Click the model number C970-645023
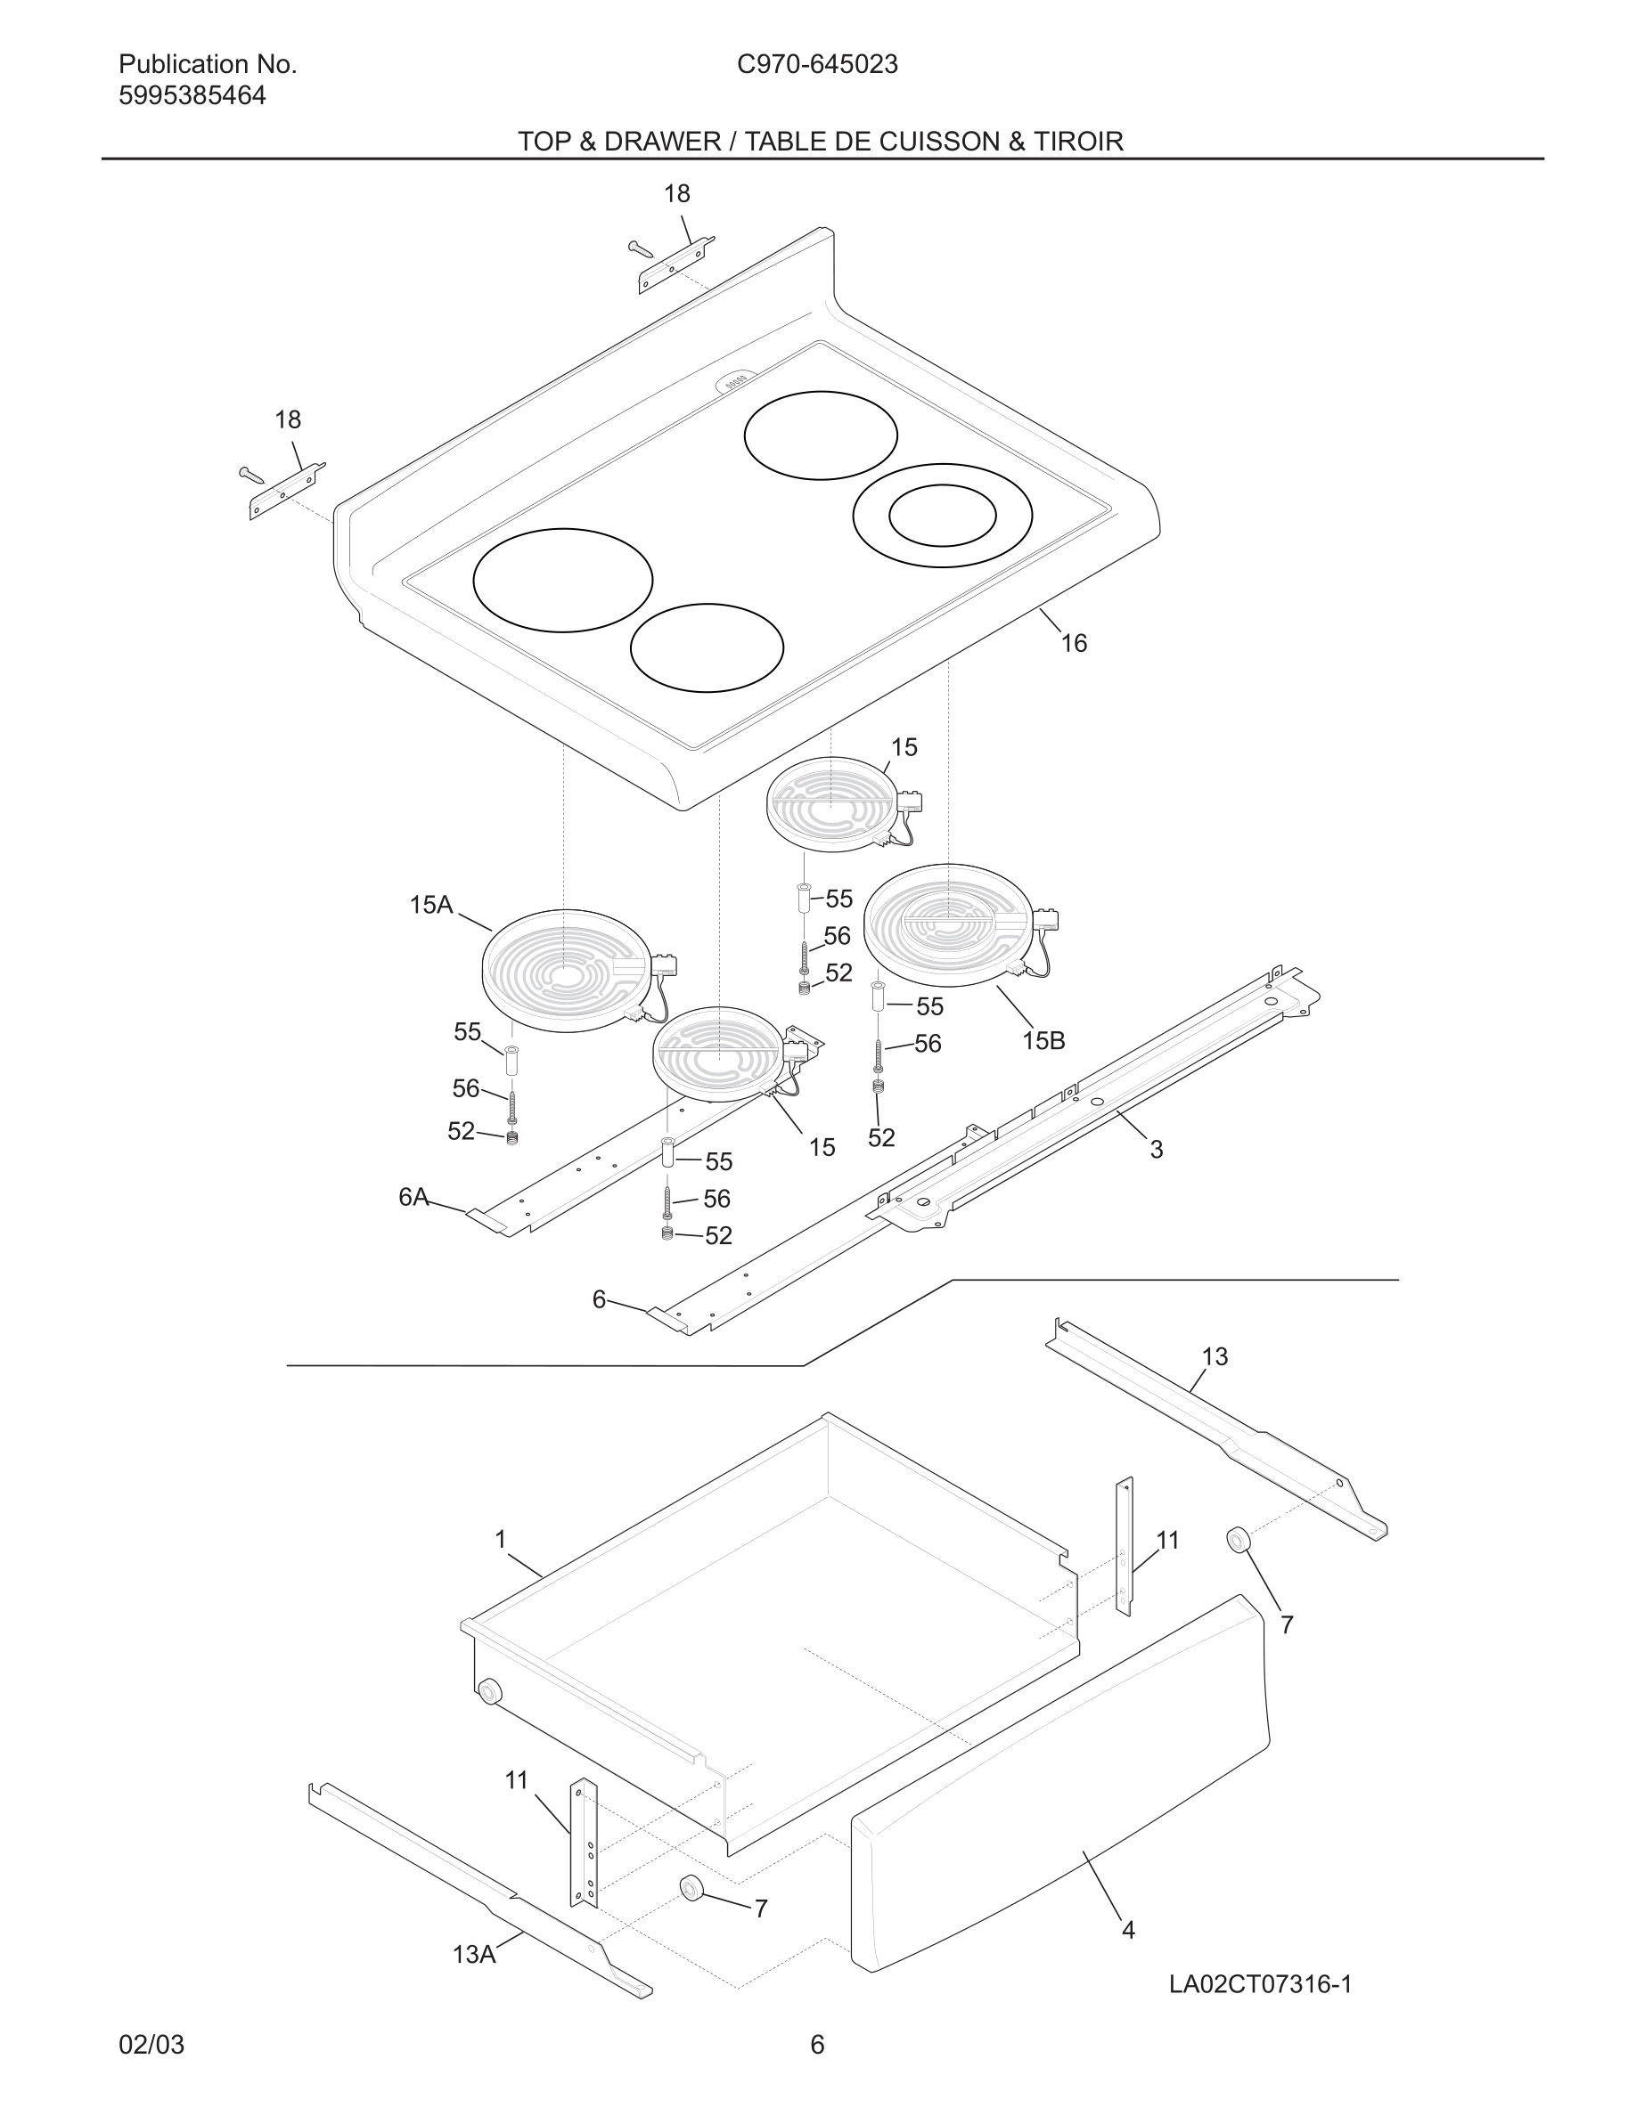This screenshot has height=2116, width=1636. click(x=817, y=65)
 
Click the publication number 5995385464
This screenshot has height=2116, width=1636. click(x=192, y=96)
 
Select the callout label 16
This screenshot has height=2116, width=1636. click(x=1074, y=643)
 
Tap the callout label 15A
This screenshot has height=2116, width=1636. click(x=430, y=905)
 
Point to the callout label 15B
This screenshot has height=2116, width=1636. click(x=1043, y=1040)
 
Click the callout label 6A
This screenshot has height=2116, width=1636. click(x=413, y=1198)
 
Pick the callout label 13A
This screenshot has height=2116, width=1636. click(x=474, y=1955)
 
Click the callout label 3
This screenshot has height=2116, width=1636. click(x=1157, y=1150)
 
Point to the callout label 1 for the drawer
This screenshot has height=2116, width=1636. click(x=501, y=1539)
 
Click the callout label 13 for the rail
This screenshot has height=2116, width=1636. click(x=1215, y=1357)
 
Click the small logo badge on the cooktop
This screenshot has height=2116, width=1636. click(x=738, y=384)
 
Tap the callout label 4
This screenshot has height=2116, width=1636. click(x=1128, y=1930)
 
